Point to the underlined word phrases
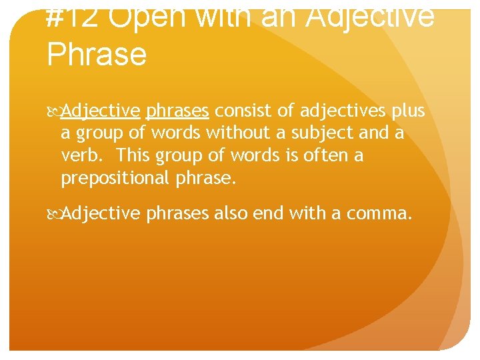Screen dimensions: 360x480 click(177, 110)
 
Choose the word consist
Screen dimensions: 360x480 click(241, 110)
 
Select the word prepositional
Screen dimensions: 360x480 click(115, 178)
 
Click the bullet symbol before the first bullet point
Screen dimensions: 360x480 click(54, 110)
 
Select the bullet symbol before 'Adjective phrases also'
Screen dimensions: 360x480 click(54, 213)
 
